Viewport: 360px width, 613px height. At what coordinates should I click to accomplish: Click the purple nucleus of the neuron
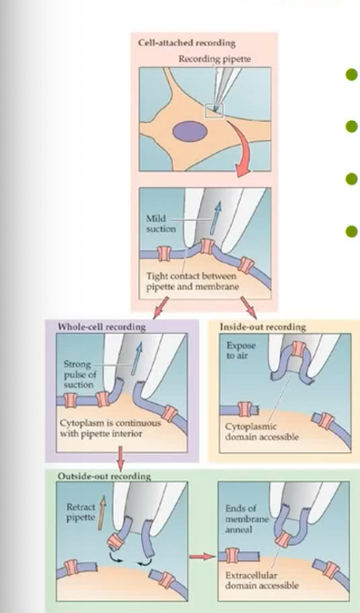[x=189, y=131]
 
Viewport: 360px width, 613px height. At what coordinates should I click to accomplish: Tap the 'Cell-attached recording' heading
[x=187, y=43]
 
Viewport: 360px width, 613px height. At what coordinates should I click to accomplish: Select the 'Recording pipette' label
[x=215, y=59]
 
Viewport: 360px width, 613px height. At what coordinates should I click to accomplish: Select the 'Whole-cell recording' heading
[x=102, y=327]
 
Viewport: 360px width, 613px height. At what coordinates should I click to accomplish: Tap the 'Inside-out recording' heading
[x=263, y=327]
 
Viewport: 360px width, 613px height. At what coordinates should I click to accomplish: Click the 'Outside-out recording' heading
[x=104, y=476]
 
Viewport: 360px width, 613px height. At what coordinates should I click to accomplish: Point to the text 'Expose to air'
[x=241, y=351]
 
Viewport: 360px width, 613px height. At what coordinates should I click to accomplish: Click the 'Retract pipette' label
[x=81, y=512]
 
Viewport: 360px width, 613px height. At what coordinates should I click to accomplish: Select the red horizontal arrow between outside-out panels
[x=203, y=557]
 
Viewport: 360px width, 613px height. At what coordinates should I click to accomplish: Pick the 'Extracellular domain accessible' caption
[x=262, y=580]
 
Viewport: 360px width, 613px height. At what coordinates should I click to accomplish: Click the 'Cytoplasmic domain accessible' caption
[x=262, y=432]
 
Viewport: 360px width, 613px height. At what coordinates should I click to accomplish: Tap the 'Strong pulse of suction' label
[x=79, y=375]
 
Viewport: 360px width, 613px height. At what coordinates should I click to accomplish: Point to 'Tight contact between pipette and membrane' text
[x=193, y=281]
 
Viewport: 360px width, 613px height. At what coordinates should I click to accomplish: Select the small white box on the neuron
[x=215, y=111]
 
